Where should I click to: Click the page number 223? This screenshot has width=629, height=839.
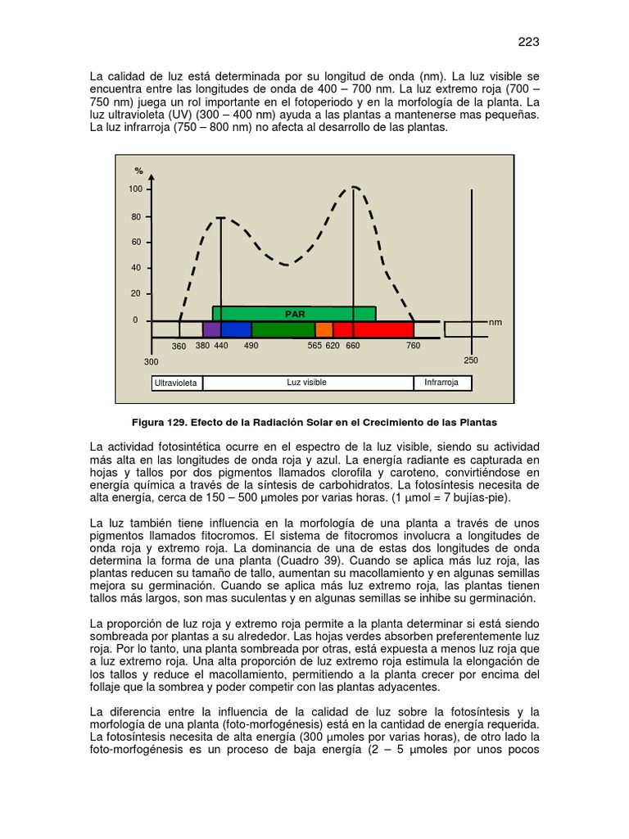[529, 43]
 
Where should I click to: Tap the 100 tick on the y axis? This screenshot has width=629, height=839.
[135, 189]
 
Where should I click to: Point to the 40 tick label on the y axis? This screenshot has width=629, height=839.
[136, 268]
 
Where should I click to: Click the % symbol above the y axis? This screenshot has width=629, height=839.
[139, 171]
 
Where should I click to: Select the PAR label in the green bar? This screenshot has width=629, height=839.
[295, 314]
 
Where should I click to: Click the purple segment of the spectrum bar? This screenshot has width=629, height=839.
[211, 329]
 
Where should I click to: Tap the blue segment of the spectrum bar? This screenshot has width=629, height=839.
[236, 329]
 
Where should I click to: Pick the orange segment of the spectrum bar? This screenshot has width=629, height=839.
[324, 329]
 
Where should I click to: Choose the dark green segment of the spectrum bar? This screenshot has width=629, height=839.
[283, 329]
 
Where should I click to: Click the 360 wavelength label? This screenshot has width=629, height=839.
[179, 347]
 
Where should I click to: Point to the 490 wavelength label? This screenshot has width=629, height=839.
[251, 347]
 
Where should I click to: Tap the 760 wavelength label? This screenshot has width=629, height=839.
[413, 347]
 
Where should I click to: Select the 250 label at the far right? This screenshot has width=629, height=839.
[471, 361]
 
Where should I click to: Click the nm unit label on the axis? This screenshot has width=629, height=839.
[496, 323]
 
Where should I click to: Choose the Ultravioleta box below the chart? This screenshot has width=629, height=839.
[177, 383]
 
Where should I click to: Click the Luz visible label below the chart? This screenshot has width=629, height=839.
[306, 383]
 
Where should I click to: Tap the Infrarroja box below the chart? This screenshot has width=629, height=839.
[441, 383]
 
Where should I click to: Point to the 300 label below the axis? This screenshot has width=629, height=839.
[152, 361]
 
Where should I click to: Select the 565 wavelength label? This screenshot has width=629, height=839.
[315, 347]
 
